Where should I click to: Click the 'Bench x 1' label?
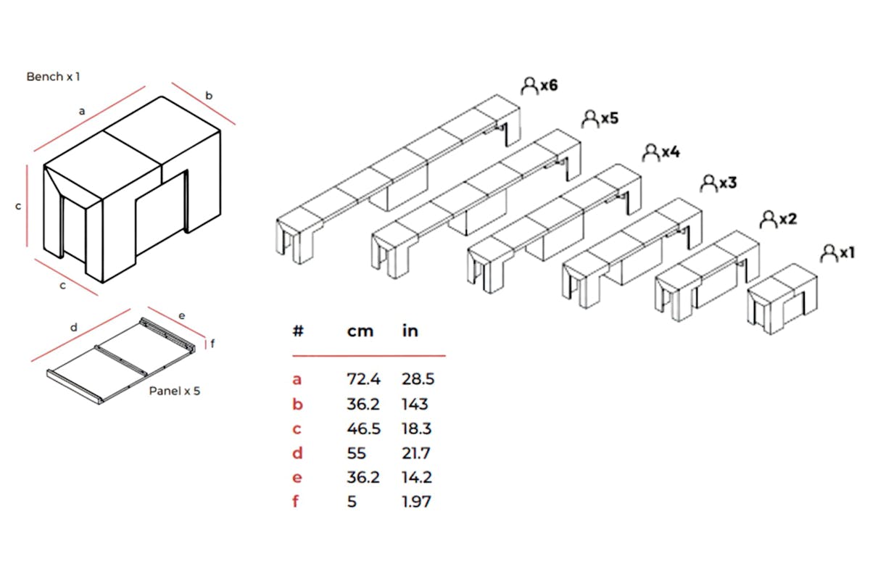[53, 77]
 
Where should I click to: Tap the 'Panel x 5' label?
[175, 391]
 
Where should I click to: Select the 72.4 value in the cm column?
[363, 379]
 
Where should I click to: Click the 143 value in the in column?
[415, 405]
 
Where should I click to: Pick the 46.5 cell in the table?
[363, 429]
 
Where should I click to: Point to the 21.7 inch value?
[416, 453]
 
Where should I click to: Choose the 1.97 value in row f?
[416, 502]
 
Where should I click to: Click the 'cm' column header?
[360, 331]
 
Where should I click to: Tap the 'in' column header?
[410, 331]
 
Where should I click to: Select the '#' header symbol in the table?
[298, 331]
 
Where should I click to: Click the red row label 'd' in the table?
[297, 453]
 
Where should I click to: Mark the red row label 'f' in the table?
[296, 501]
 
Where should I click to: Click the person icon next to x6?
[529, 86]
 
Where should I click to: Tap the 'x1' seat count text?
[847, 253]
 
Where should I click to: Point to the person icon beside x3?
[708, 183]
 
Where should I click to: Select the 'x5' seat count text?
[610, 118]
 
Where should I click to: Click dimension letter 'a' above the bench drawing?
[81, 112]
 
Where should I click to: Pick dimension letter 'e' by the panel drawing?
[181, 316]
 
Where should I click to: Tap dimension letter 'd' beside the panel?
[73, 328]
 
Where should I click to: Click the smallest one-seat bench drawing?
[782, 299]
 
